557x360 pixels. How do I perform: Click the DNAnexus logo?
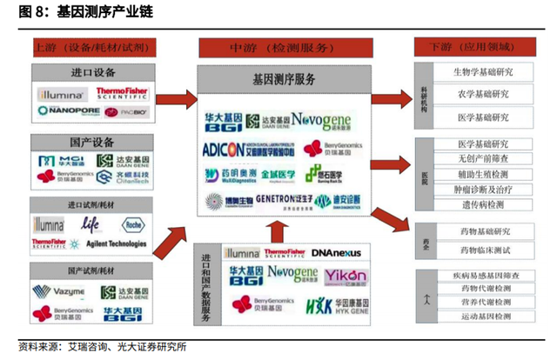coord(334,253)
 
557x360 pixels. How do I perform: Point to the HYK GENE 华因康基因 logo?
coord(334,304)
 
